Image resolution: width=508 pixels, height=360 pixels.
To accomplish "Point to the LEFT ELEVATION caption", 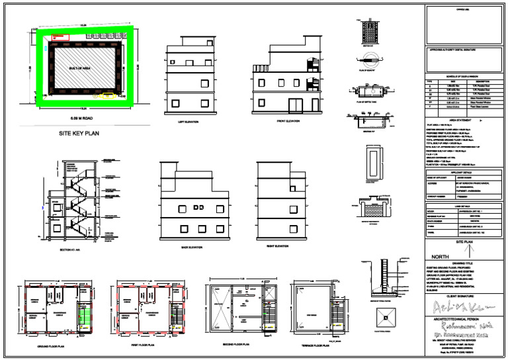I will (x=189, y=122).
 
